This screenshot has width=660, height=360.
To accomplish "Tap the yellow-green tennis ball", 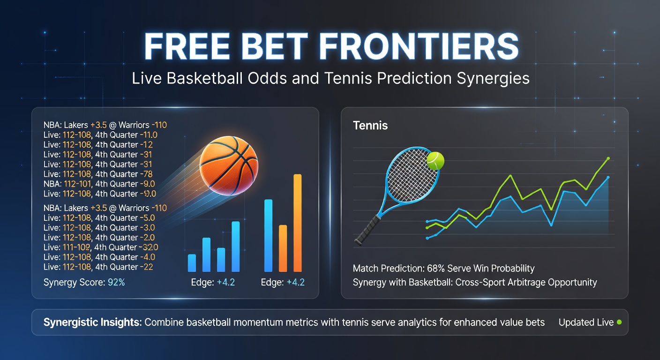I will pyautogui.click(x=435, y=160).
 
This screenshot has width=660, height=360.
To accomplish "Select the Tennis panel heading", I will pyautogui.click(x=370, y=126).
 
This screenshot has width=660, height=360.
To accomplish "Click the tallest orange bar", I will pyautogui.click(x=297, y=223).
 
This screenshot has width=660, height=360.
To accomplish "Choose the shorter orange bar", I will pyautogui.click(x=283, y=248).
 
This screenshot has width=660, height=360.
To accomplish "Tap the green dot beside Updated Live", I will pyautogui.click(x=619, y=322).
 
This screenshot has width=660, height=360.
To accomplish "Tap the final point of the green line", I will pyautogui.click(x=608, y=158).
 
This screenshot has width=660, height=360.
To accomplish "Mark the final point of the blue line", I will pyautogui.click(x=608, y=178).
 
